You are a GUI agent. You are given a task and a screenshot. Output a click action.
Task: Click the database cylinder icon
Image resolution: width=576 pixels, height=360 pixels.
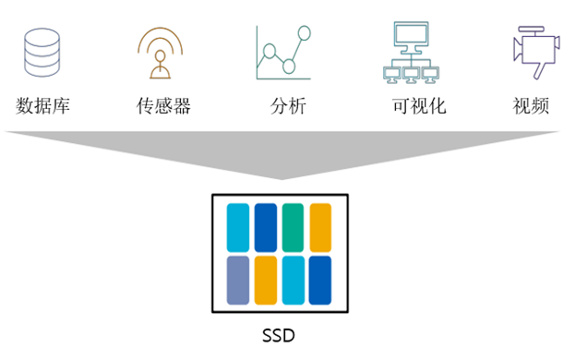tap(42, 54)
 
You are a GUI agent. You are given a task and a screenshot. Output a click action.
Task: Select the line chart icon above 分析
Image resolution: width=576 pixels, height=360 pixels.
tap(282, 53)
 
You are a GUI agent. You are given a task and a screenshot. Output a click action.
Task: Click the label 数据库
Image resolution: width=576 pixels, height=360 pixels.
tap(42, 105)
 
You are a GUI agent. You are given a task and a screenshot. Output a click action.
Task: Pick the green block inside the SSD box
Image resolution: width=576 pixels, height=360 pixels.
tap(294, 226)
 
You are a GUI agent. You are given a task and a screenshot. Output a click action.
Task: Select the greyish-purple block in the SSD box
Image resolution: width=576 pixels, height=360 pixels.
tap(238, 280)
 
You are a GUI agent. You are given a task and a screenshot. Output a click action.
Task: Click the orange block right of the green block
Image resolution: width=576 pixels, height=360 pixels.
tap(320, 226)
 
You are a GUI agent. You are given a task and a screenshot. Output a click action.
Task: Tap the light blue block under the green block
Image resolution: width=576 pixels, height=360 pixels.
tap(294, 280)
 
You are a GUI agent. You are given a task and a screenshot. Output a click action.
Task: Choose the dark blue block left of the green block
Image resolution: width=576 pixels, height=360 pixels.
tap(266, 226)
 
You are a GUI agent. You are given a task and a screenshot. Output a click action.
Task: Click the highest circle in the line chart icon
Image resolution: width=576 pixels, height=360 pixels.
tap(301, 35)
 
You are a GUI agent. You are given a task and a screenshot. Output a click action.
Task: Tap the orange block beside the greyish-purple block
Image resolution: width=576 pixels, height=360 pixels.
tap(266, 280)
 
